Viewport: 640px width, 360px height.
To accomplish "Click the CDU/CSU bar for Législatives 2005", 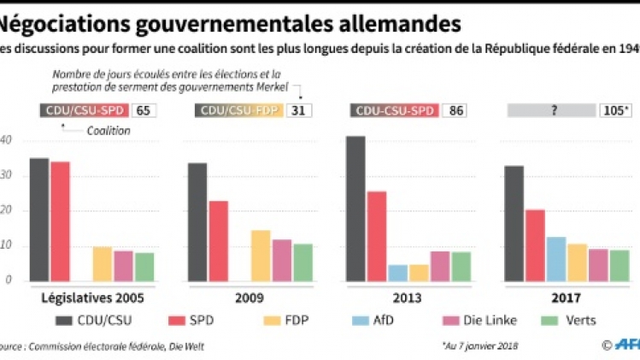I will coord(39,220).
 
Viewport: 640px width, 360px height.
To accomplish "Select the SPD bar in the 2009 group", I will coord(218,241).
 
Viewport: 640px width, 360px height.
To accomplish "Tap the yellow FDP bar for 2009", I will coord(261,256).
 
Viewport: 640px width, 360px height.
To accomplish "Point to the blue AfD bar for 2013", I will coord(398,273).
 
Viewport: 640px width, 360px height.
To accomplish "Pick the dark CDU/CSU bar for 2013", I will coord(355,209).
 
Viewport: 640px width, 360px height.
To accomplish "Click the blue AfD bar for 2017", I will coord(556,259).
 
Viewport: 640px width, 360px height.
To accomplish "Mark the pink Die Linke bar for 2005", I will coord(123,266).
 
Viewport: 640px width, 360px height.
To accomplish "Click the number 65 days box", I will coord(143,110).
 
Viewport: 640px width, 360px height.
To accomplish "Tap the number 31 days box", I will coord(298,110).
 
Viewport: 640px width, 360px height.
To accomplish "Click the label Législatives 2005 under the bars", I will coord(86,299).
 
